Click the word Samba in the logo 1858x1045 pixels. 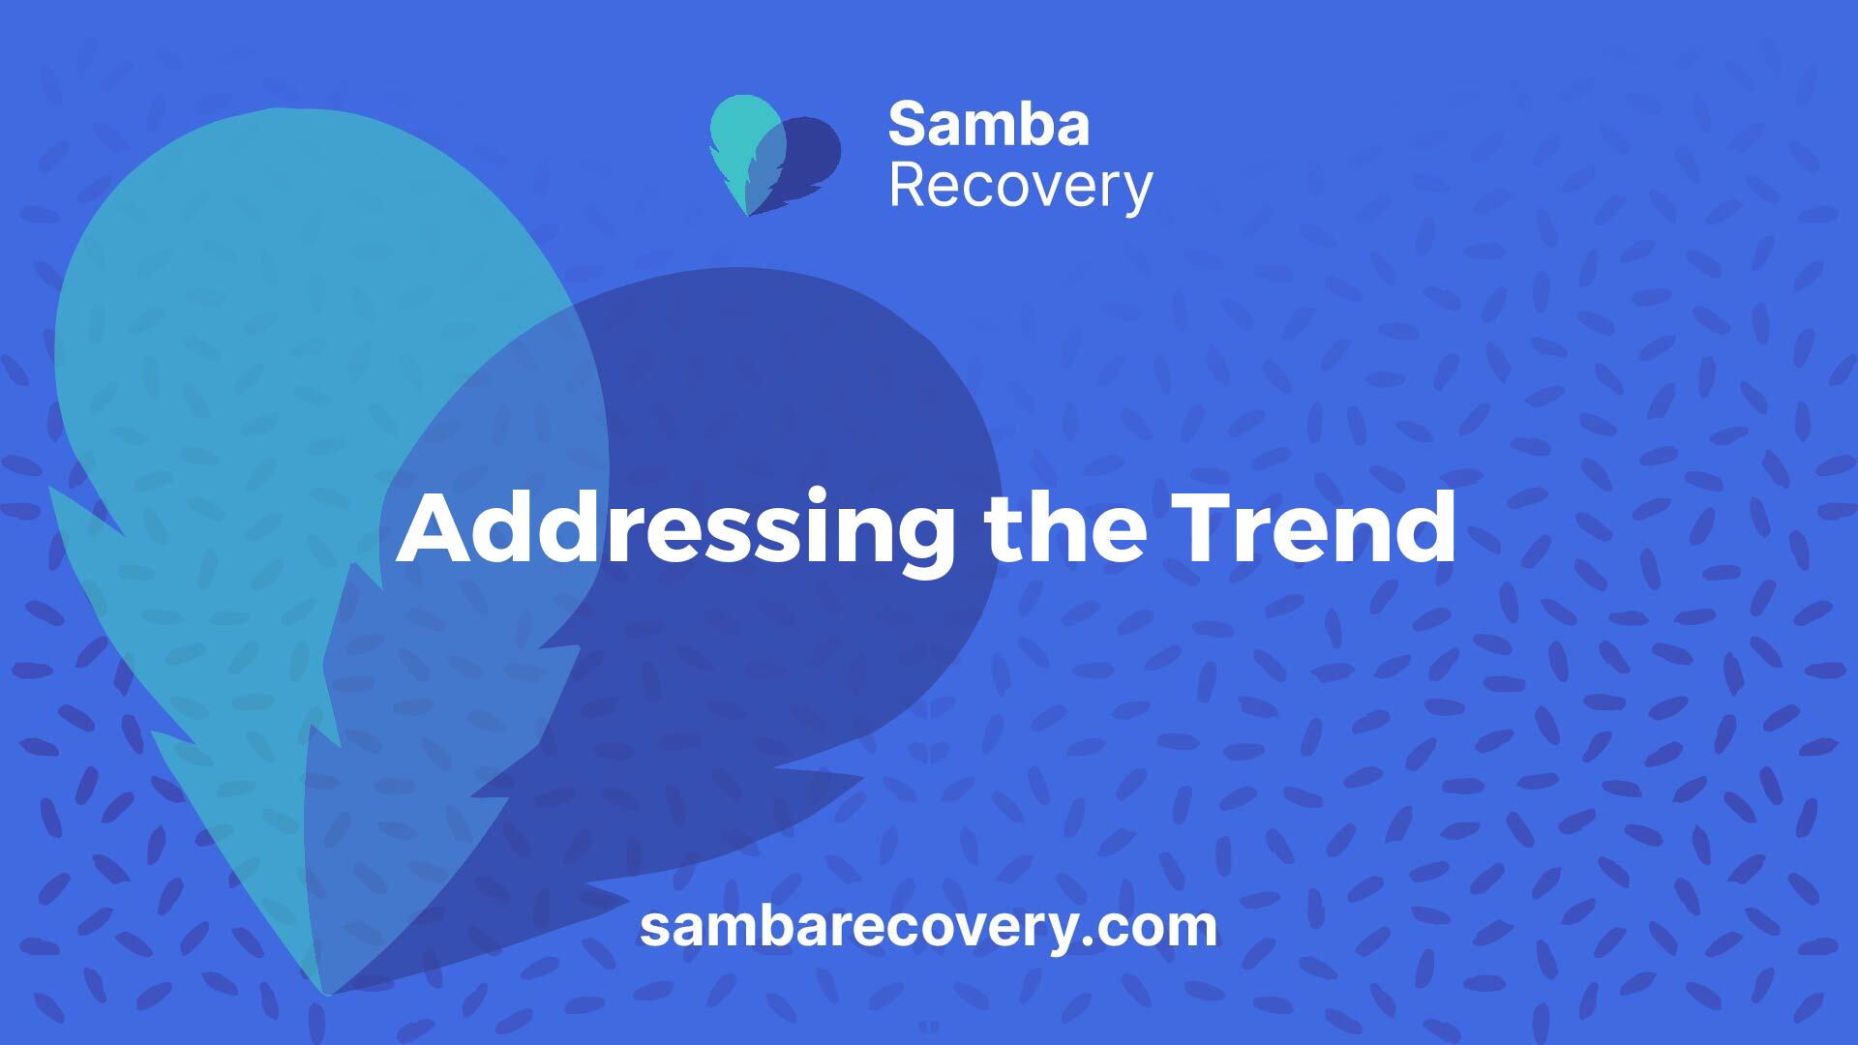989,125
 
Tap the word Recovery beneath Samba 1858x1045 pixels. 1021,188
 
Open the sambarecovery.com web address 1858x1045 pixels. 928,926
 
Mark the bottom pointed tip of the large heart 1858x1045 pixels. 327,993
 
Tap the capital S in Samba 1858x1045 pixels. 907,125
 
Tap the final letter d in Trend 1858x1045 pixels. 1427,527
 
